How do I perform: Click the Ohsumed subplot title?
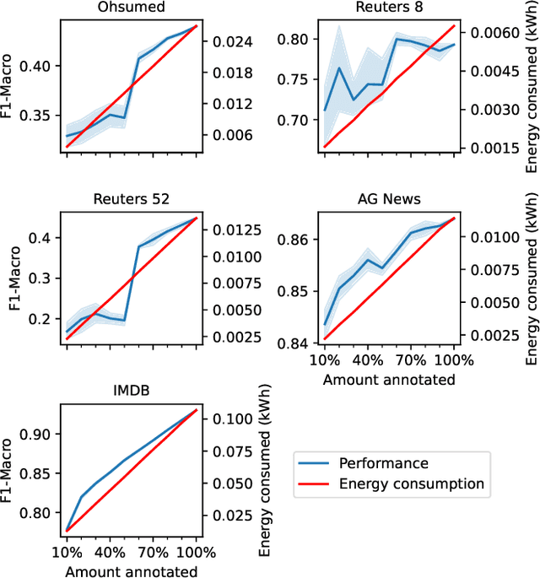pyautogui.click(x=131, y=8)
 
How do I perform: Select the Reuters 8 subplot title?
pyautogui.click(x=389, y=8)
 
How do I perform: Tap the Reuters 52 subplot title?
pyautogui.click(x=131, y=199)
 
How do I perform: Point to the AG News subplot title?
pyautogui.click(x=389, y=199)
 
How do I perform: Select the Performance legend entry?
pyautogui.click(x=383, y=463)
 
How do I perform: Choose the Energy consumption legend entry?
pyautogui.click(x=411, y=483)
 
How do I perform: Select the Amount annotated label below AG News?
pyautogui.click(x=389, y=380)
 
